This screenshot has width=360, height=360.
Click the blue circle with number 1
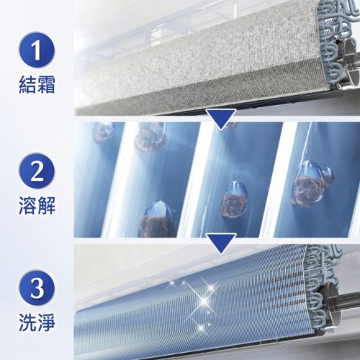37,50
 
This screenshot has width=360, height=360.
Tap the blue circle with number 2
37,171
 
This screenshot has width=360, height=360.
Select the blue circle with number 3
37,288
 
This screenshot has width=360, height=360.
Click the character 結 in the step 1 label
27,84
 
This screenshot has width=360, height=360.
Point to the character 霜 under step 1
46,84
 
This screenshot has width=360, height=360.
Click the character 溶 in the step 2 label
27,205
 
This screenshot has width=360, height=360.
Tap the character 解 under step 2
46,205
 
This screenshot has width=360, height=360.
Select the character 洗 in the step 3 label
27,323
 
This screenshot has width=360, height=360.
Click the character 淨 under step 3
46,323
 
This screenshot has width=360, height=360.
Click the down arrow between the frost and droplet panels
221,119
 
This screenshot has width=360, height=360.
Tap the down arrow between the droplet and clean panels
221,243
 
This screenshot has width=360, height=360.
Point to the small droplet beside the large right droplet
328,176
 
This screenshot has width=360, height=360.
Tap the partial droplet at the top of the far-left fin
104,132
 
